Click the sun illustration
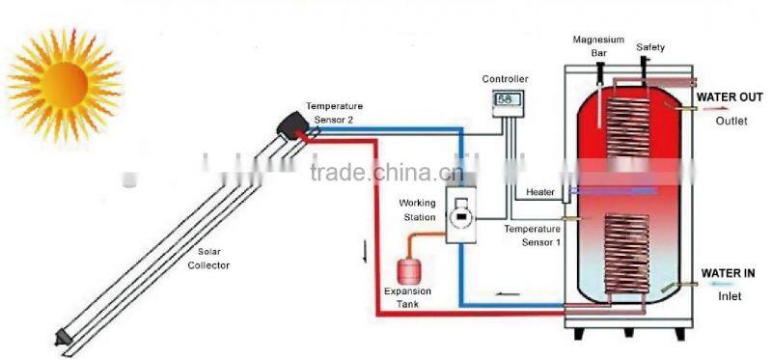click(x=64, y=74)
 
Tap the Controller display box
click(x=505, y=99)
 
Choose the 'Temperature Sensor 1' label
click(x=532, y=235)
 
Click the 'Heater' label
click(x=540, y=192)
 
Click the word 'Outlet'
click(x=731, y=122)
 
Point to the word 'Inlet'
click(x=730, y=297)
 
